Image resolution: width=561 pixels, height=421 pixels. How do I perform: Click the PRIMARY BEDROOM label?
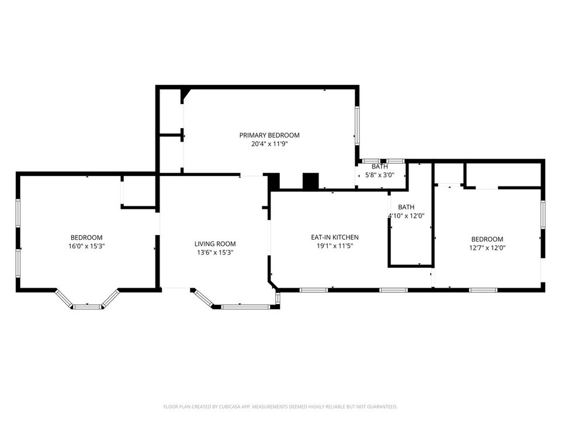(x=269, y=135)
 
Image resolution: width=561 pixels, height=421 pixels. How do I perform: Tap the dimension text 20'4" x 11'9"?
(x=269, y=143)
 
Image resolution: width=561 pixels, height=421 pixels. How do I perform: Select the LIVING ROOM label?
(x=215, y=244)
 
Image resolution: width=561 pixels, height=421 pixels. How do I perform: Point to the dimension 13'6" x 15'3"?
(x=215, y=253)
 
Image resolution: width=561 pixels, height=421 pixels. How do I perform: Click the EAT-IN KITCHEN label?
(x=334, y=237)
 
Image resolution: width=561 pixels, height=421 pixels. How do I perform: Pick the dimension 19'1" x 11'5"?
(x=334, y=246)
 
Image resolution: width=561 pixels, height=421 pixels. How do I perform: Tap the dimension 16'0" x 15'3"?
(x=86, y=246)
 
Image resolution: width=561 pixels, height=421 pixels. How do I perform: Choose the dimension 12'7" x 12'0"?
(x=487, y=247)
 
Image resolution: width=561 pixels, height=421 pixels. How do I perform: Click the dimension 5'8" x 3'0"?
(x=379, y=175)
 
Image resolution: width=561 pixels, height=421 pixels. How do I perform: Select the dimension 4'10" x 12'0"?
(x=406, y=216)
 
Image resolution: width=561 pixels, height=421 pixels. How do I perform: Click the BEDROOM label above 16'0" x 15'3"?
(x=86, y=237)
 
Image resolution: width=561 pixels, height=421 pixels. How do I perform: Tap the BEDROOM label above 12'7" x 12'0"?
(x=487, y=239)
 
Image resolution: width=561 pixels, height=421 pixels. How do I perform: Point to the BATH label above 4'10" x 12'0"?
(x=406, y=208)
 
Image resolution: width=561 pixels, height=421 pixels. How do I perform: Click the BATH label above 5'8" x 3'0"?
(x=379, y=167)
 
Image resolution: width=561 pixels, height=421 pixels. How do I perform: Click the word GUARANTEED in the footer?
(x=381, y=406)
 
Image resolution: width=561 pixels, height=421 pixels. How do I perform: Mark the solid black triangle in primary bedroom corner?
(x=185, y=93)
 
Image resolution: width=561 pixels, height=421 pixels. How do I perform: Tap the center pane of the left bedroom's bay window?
(x=88, y=306)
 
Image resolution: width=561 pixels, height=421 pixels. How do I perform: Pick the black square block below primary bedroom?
(x=310, y=181)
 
